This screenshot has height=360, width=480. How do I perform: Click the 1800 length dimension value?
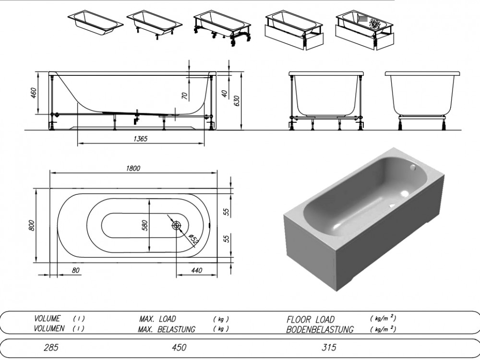pos(133,168)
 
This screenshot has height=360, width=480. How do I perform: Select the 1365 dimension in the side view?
pos(140,139)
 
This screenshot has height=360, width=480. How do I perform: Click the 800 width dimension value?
pos(32,225)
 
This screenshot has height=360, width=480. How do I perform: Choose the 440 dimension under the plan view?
pos(196,271)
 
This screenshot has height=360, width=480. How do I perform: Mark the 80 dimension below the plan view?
pos(75,271)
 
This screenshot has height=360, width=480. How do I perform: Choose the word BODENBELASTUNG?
pos(320,329)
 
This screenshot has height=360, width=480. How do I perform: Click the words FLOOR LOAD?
pos(311,319)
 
